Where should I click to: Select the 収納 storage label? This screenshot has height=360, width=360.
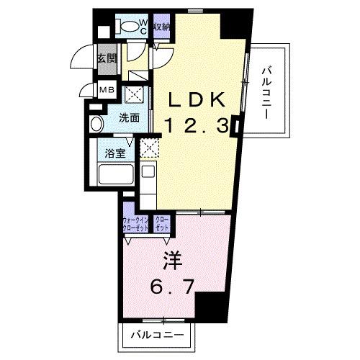pyautogui.click(x=161, y=27)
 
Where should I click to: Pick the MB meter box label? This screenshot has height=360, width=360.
pyautogui.click(x=106, y=91)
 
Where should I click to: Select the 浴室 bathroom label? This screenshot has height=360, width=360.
pyautogui.click(x=115, y=153)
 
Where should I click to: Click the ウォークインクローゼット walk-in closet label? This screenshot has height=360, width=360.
pyautogui.click(x=135, y=223)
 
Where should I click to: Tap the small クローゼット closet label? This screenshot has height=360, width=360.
pyautogui.click(x=162, y=223)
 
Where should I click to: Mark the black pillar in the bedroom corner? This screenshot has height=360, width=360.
pyautogui.click(x=209, y=305)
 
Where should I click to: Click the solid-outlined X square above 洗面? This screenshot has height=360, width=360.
pyautogui.click(x=133, y=95)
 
